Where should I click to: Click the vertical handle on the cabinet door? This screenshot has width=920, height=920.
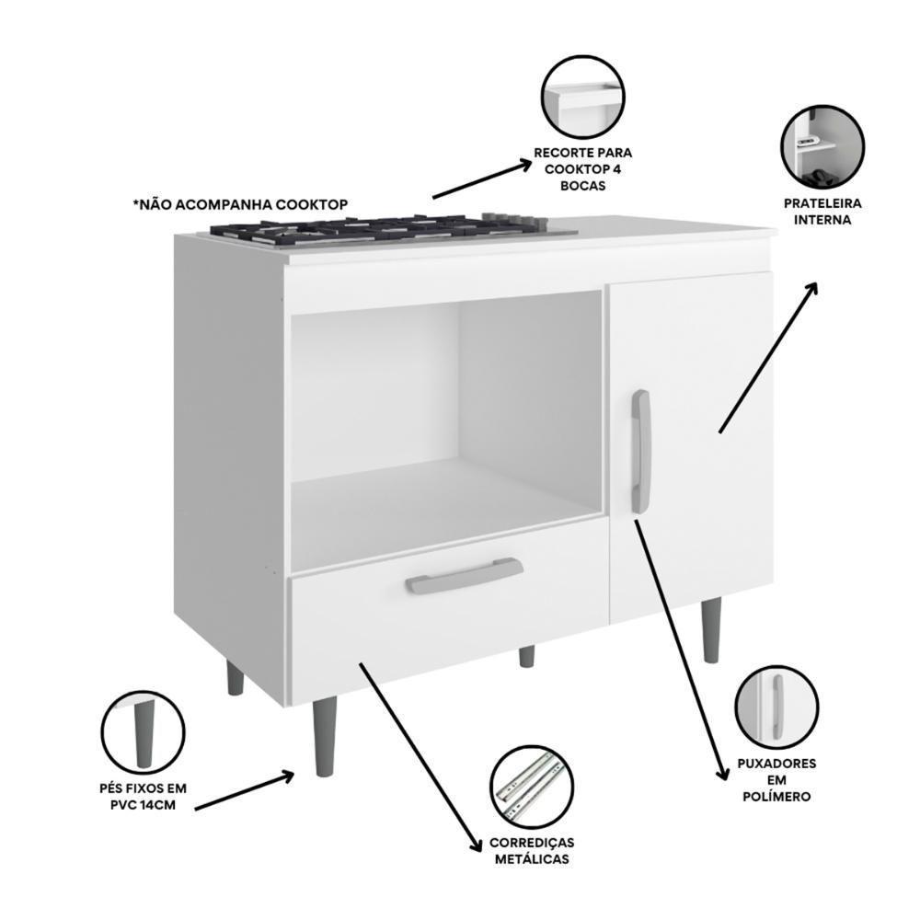[x=640, y=452]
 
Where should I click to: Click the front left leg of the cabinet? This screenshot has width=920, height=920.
[x=325, y=735]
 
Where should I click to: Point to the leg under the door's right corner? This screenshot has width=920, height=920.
[x=711, y=629]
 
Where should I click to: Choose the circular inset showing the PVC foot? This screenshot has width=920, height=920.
[x=143, y=732]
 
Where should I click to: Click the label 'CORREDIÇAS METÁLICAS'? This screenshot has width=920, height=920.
[x=532, y=851]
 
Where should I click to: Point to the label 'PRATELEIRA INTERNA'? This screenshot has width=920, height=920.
[x=823, y=212]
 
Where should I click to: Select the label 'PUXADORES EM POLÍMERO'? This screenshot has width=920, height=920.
[x=776, y=780]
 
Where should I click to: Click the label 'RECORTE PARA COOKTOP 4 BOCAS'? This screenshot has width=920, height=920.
[x=583, y=168]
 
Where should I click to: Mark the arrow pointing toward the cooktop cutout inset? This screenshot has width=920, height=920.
[x=481, y=180]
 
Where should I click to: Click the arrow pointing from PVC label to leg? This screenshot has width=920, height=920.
[x=244, y=792]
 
